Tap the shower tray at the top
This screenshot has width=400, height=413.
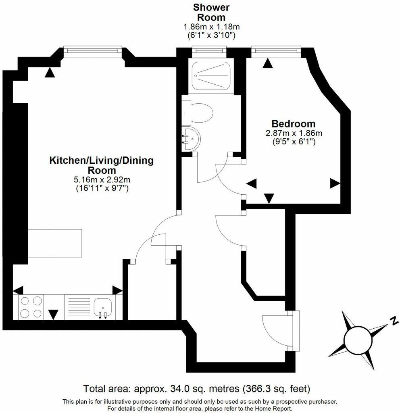[x=210, y=76]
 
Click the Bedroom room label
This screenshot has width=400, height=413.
[x=293, y=124]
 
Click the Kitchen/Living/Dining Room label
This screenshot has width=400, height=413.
[x=102, y=165]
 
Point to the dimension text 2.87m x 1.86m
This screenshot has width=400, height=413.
[x=293, y=133]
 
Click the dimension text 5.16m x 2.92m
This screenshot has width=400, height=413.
[x=102, y=179]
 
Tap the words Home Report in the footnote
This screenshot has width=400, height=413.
[x=271, y=409]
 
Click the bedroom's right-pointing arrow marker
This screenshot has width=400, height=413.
[x=335, y=184]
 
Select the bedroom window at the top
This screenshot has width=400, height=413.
[x=276, y=50]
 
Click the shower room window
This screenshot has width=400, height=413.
[x=209, y=50]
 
